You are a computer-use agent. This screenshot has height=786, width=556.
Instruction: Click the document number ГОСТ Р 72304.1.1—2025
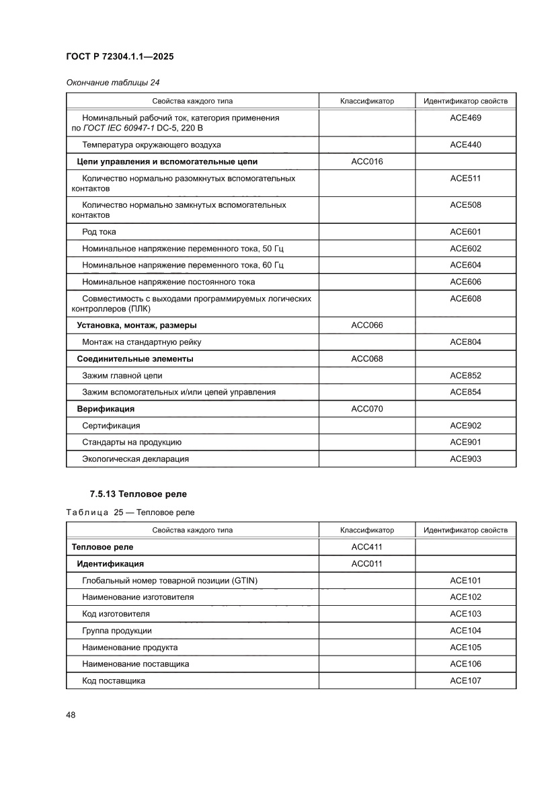120,57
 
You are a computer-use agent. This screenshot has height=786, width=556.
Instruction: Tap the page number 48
71,715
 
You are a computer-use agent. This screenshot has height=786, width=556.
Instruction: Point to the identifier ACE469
465,118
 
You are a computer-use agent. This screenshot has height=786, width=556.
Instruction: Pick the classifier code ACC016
366,161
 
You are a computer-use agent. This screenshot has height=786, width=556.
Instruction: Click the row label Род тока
99,232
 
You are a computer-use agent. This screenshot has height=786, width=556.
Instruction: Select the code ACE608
465,299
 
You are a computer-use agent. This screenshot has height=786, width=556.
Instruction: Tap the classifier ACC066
366,325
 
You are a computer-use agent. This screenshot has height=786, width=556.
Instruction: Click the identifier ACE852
465,376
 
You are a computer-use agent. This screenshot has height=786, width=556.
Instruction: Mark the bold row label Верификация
106,409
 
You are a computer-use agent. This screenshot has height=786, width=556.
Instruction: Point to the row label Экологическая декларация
135,459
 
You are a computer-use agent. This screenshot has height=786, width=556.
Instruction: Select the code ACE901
465,442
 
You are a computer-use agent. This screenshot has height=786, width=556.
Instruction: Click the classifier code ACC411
366,547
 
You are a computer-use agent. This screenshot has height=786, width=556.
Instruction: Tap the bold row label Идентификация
110,563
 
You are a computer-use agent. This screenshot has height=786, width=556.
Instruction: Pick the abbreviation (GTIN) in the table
244,580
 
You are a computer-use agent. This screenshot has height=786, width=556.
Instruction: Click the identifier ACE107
465,680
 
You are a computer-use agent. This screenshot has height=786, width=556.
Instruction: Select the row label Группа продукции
116,631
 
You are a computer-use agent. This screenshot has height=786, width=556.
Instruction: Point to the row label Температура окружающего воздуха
151,145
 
